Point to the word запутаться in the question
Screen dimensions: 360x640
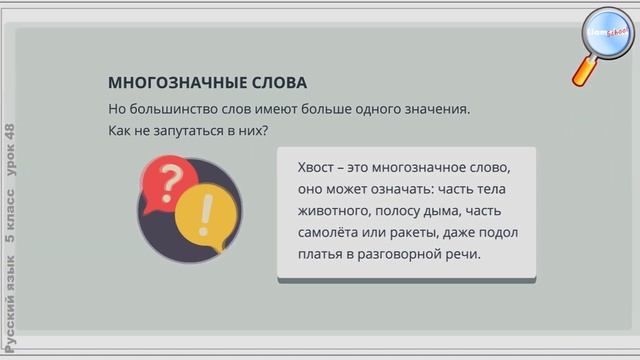pyautogui.click(x=188, y=131)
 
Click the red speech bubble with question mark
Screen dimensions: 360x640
pyautogui.click(x=171, y=182)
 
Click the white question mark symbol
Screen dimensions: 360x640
pyautogui.click(x=171, y=180)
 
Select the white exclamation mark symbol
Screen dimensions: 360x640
pyautogui.click(x=207, y=211)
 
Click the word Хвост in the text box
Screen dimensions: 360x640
pyautogui.click(x=319, y=166)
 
